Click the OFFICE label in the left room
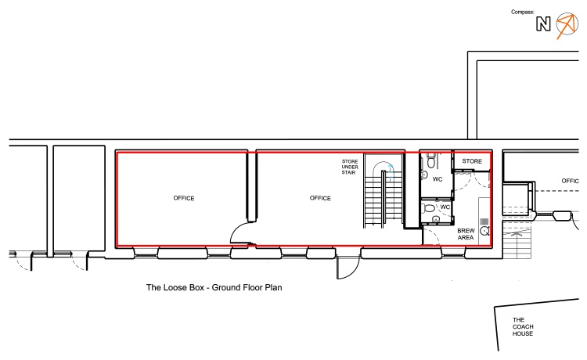184,198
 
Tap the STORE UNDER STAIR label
350,167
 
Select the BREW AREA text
466,234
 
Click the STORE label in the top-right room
472,161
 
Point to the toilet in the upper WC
431,161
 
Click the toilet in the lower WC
429,208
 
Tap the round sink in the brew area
484,231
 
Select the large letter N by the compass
543,24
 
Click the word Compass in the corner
523,12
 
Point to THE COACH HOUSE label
523,326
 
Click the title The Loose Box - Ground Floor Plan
214,287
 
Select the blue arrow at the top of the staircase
390,171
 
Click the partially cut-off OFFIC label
570,181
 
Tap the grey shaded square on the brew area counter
484,221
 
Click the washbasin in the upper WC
424,175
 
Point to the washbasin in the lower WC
435,219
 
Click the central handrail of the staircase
383,199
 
